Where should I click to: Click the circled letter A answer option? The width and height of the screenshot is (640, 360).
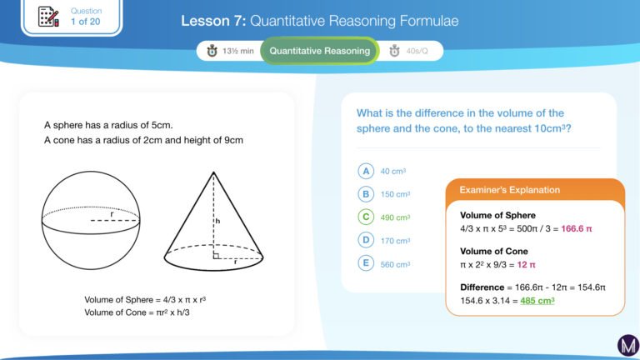[x=366, y=171]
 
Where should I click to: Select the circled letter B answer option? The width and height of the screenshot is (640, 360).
[x=366, y=194]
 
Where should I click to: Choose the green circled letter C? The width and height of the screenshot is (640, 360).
[x=366, y=217]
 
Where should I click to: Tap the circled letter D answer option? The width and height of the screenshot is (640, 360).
[x=366, y=240]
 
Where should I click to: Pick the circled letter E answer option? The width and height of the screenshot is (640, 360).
[x=366, y=263]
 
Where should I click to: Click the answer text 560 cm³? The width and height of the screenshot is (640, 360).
[x=395, y=264]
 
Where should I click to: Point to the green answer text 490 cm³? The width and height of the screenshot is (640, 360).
[x=395, y=217]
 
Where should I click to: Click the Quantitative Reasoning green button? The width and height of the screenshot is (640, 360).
[x=320, y=51]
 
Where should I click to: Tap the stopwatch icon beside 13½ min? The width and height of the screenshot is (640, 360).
[x=212, y=51]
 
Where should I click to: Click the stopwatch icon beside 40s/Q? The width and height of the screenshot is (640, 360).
[x=394, y=51]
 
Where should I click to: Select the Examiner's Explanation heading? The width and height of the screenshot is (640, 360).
[x=509, y=190]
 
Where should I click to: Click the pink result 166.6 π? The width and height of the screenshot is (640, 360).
[x=577, y=228]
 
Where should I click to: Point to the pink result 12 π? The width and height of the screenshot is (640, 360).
[x=526, y=264]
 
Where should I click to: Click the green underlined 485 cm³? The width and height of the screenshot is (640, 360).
[x=537, y=301]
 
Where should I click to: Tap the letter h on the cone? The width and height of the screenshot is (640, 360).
[x=218, y=221]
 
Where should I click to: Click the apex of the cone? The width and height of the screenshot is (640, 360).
[x=213, y=172]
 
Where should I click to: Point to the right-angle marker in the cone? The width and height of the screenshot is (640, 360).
[x=217, y=256]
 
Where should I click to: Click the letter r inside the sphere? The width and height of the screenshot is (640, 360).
[x=112, y=214]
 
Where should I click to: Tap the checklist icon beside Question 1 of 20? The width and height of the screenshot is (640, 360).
[x=48, y=17]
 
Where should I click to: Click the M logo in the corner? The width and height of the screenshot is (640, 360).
[x=628, y=345]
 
